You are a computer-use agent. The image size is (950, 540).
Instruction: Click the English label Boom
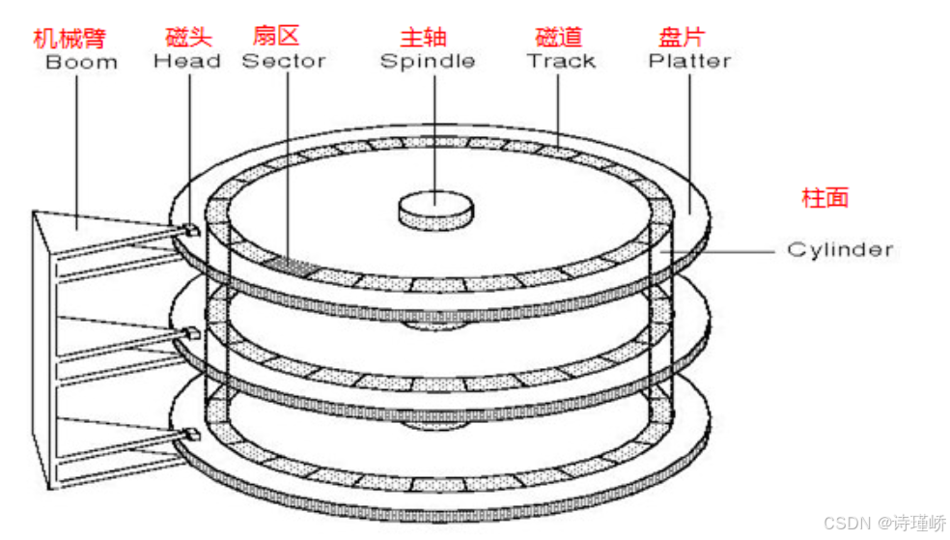pos(81,63)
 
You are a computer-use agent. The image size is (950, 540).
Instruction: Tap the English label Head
pos(187,62)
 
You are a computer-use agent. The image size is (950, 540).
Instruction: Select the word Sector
pos(283,62)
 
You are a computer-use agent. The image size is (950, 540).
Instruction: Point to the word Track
pos(561,62)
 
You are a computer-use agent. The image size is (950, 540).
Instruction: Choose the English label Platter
pos(689,62)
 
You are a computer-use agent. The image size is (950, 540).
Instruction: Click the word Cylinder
pos(839,250)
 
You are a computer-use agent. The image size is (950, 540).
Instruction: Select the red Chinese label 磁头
pos(188,38)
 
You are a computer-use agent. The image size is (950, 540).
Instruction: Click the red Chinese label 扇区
pos(275,37)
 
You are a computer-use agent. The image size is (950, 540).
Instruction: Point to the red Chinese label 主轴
pos(424,38)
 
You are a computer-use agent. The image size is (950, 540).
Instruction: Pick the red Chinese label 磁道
pos(559,38)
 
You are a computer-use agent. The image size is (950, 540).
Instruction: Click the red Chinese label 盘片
pos(682,38)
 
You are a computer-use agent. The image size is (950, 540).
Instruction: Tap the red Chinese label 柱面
pos(825,198)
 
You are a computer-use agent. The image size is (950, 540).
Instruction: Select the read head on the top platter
pos(190,229)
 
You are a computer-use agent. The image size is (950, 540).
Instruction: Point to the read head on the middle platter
pos(190,333)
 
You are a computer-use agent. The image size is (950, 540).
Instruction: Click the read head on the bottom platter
pos(190,435)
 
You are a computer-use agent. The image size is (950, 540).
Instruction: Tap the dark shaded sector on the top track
pos(290,264)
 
